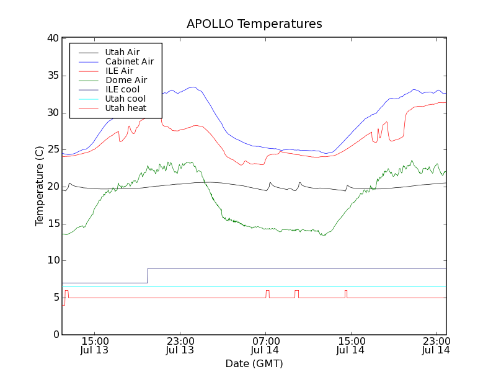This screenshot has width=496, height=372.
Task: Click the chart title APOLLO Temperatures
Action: (x=254, y=24)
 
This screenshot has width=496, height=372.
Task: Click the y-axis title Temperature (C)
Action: (x=39, y=186)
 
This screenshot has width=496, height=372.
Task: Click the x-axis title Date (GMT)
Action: (x=254, y=363)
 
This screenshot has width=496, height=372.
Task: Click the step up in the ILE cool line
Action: (x=148, y=275)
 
